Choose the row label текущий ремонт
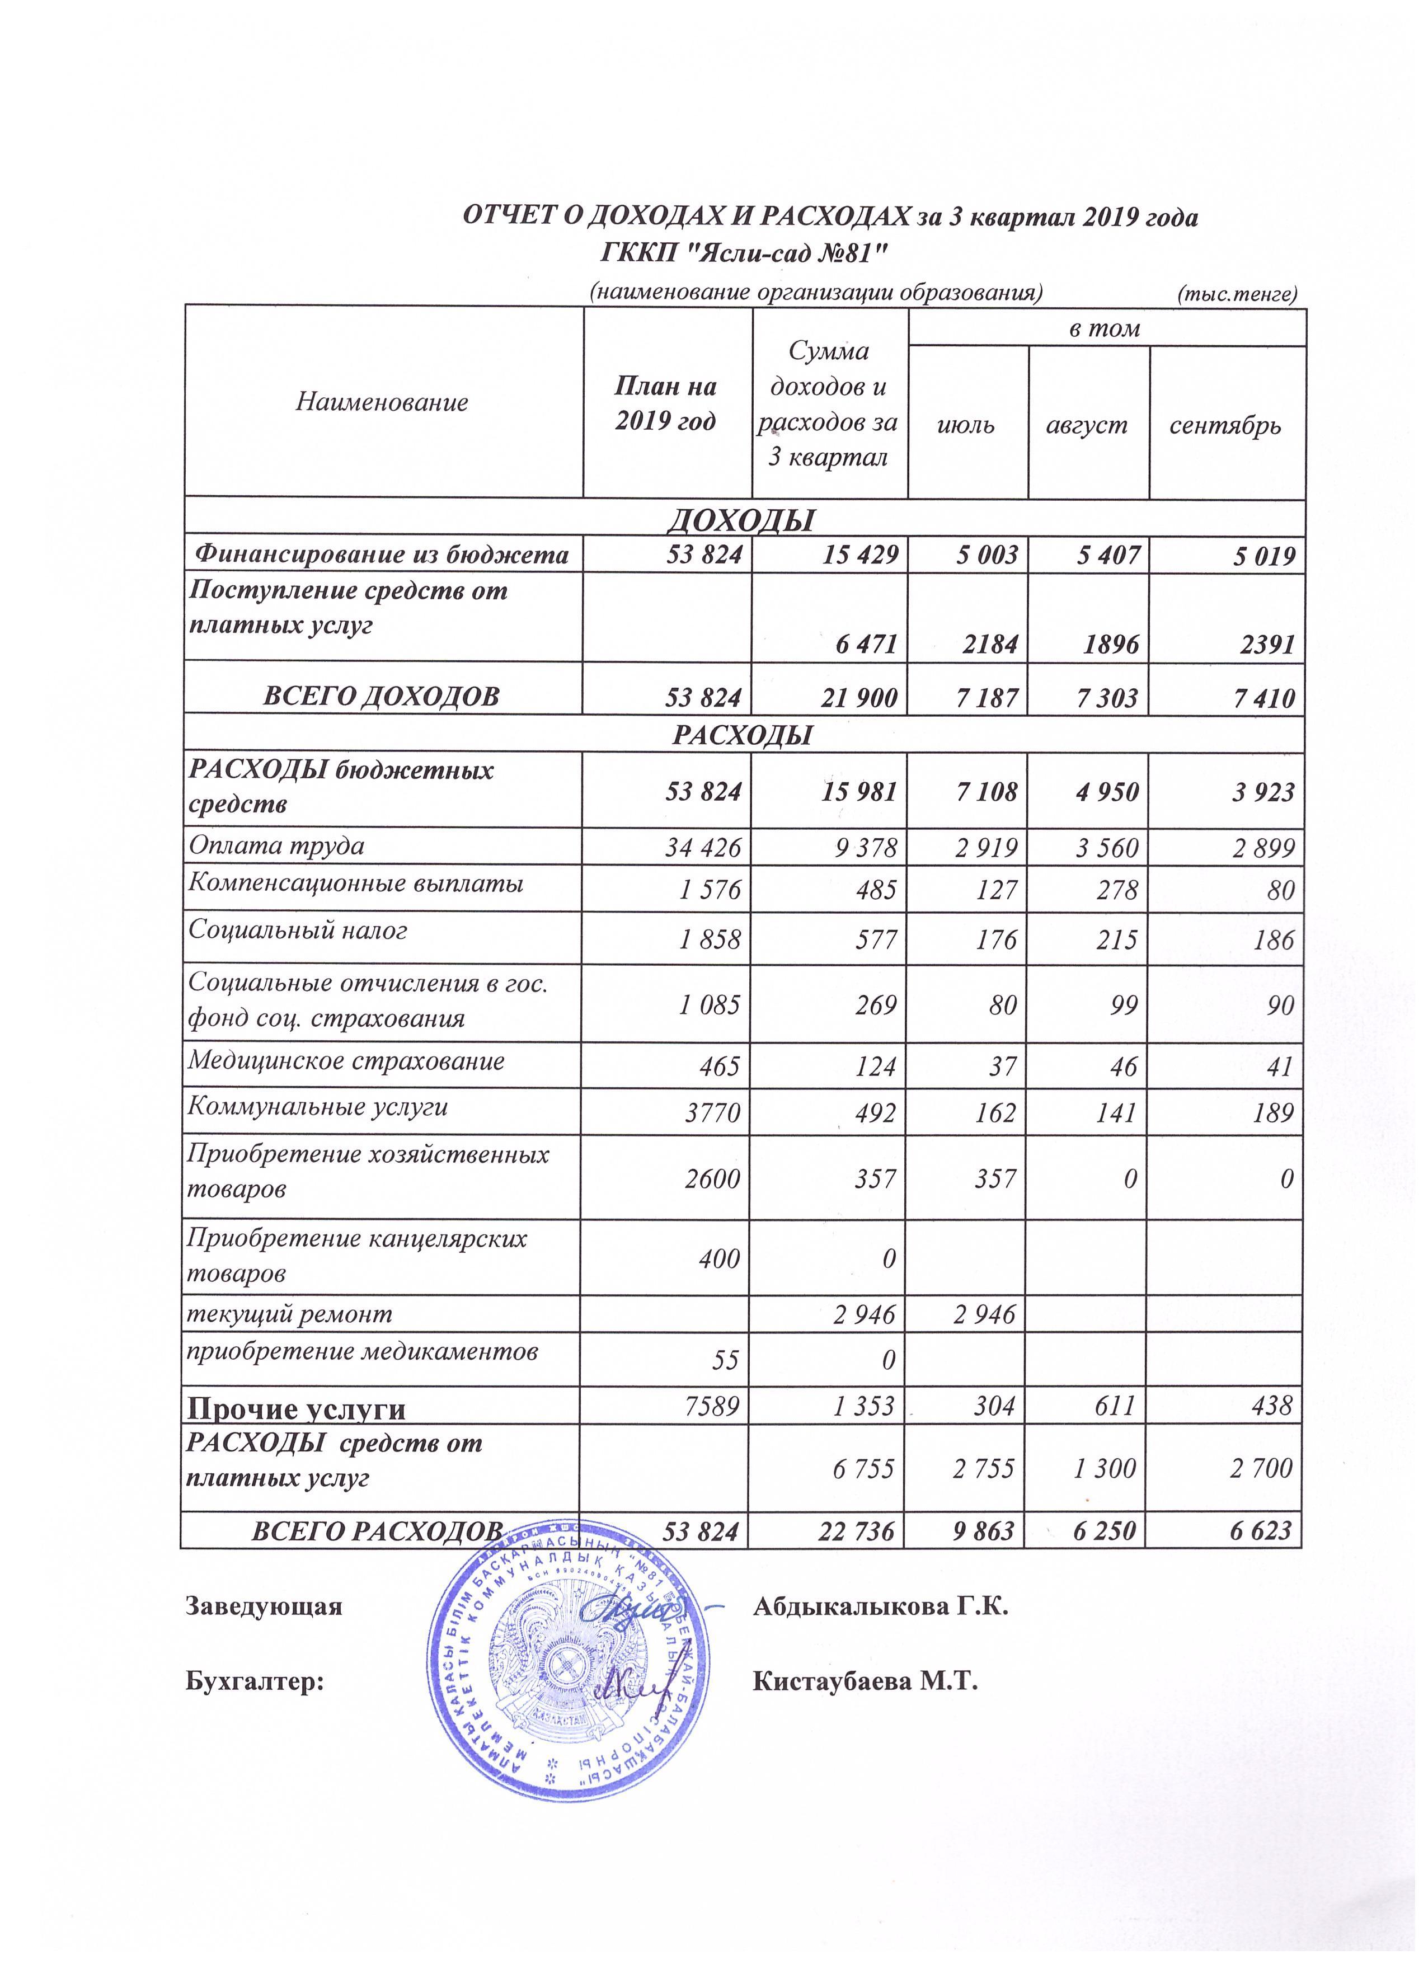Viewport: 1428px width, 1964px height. tap(290, 1314)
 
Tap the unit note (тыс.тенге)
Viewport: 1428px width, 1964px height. tap(1238, 294)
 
